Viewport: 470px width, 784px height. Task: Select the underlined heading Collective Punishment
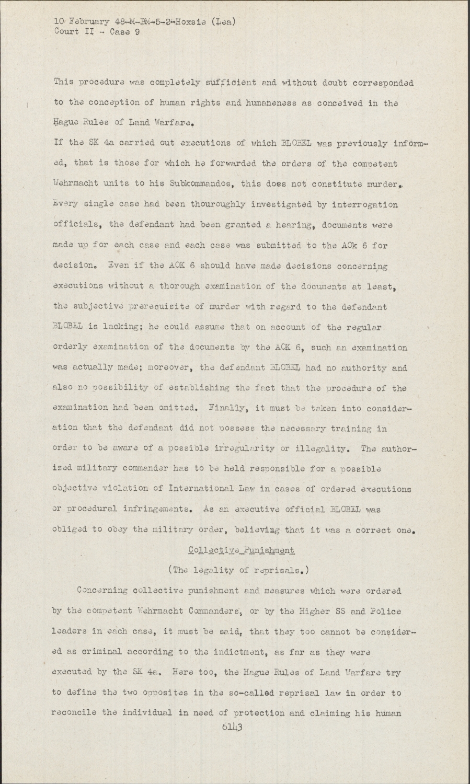(x=241, y=550)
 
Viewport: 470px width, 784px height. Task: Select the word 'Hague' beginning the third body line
(x=66, y=124)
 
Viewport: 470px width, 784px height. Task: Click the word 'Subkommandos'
(x=194, y=184)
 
